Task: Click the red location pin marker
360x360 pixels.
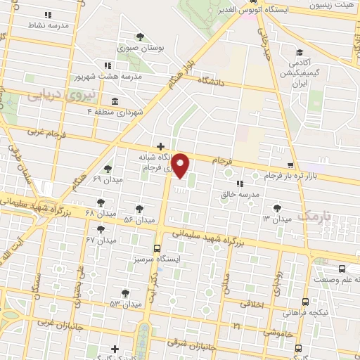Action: tap(181, 166)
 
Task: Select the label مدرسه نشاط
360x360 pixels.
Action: tap(49, 25)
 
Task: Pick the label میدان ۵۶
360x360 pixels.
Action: tap(139, 219)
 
